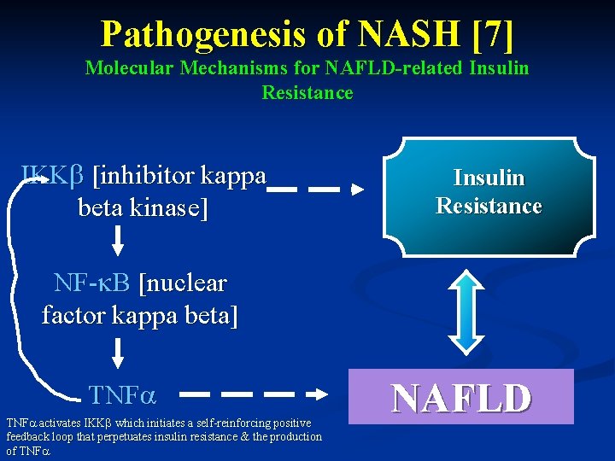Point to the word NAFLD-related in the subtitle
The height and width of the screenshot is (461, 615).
[354, 67]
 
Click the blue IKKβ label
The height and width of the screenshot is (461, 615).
[52, 177]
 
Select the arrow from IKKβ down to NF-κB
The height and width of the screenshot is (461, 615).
[118, 243]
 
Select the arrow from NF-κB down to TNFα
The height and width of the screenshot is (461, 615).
[118, 353]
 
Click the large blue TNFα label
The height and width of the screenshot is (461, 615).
[121, 394]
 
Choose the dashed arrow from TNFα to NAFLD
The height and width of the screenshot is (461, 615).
[255, 394]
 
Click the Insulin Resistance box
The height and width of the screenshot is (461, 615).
[489, 192]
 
